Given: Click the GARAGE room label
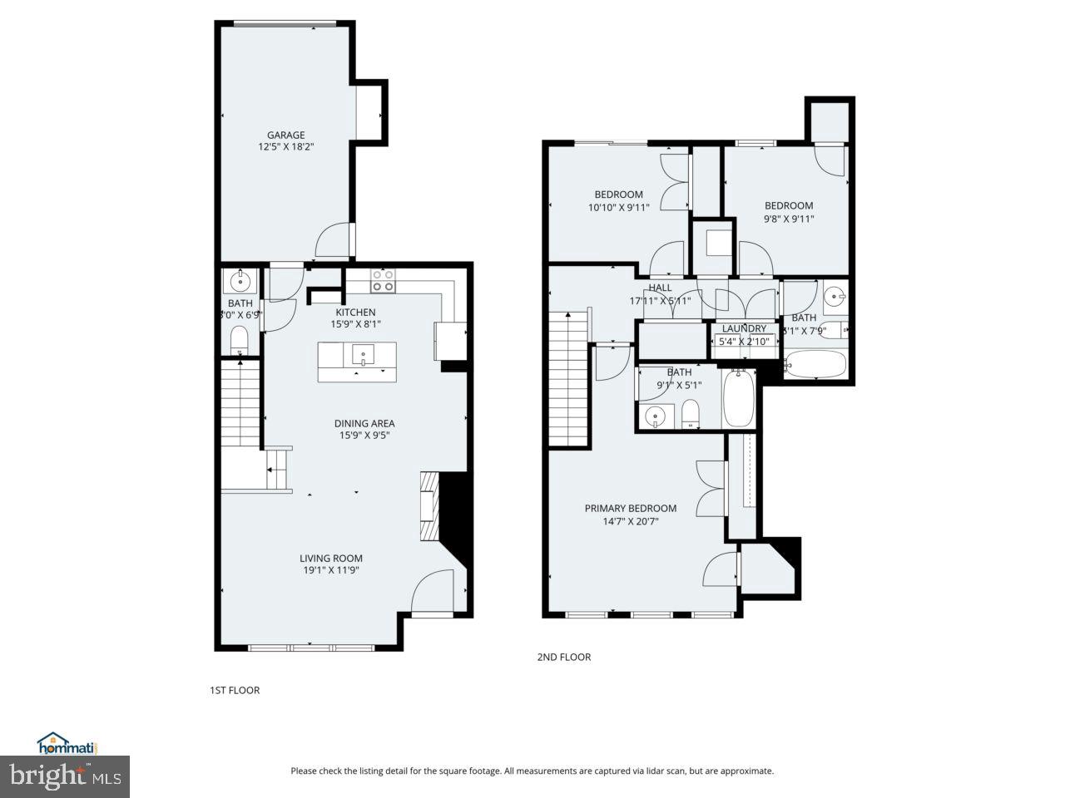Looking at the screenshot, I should [x=285, y=135].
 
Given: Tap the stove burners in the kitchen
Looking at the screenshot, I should [x=383, y=280].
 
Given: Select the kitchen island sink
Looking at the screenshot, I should [x=364, y=356].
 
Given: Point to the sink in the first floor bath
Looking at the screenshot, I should [x=240, y=278].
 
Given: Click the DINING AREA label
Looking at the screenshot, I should [x=364, y=423].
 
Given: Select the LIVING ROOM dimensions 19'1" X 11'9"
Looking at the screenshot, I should [x=331, y=570].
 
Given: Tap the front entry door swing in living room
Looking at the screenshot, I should [x=433, y=592].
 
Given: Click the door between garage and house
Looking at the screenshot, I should [x=334, y=241].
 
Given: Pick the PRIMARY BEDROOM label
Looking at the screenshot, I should [x=630, y=509].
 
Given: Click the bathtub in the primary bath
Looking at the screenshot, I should [x=739, y=399].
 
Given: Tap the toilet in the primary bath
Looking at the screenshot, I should [x=691, y=414].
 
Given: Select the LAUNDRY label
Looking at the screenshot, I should [x=744, y=328].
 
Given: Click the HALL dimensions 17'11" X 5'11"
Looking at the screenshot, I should [x=660, y=301].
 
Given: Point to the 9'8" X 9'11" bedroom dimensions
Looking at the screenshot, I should [x=789, y=219].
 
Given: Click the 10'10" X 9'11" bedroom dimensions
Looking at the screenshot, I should [x=618, y=208].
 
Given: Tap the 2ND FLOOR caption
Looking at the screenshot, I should [x=563, y=657].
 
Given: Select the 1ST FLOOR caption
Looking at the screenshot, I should [x=234, y=690].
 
